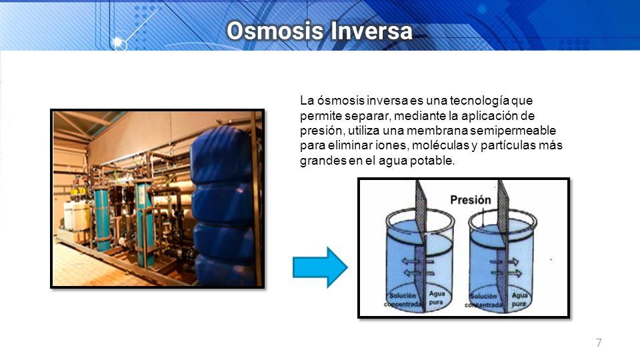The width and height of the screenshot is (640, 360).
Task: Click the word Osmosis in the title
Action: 276,31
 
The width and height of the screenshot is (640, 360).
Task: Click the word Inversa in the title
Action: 371,31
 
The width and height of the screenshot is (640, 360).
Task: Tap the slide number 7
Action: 599,343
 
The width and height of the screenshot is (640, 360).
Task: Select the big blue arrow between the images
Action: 321,267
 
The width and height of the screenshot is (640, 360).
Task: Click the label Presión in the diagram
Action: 470,199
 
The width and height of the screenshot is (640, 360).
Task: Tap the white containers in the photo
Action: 76,215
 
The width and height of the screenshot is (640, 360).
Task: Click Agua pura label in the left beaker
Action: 436,298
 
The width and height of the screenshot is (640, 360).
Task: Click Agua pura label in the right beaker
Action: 519,299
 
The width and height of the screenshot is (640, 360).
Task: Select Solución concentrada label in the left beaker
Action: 403,299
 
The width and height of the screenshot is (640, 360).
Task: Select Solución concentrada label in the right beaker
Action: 484,301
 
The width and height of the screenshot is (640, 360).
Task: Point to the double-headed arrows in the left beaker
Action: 417,267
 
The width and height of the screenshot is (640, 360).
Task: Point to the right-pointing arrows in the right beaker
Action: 506,267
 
